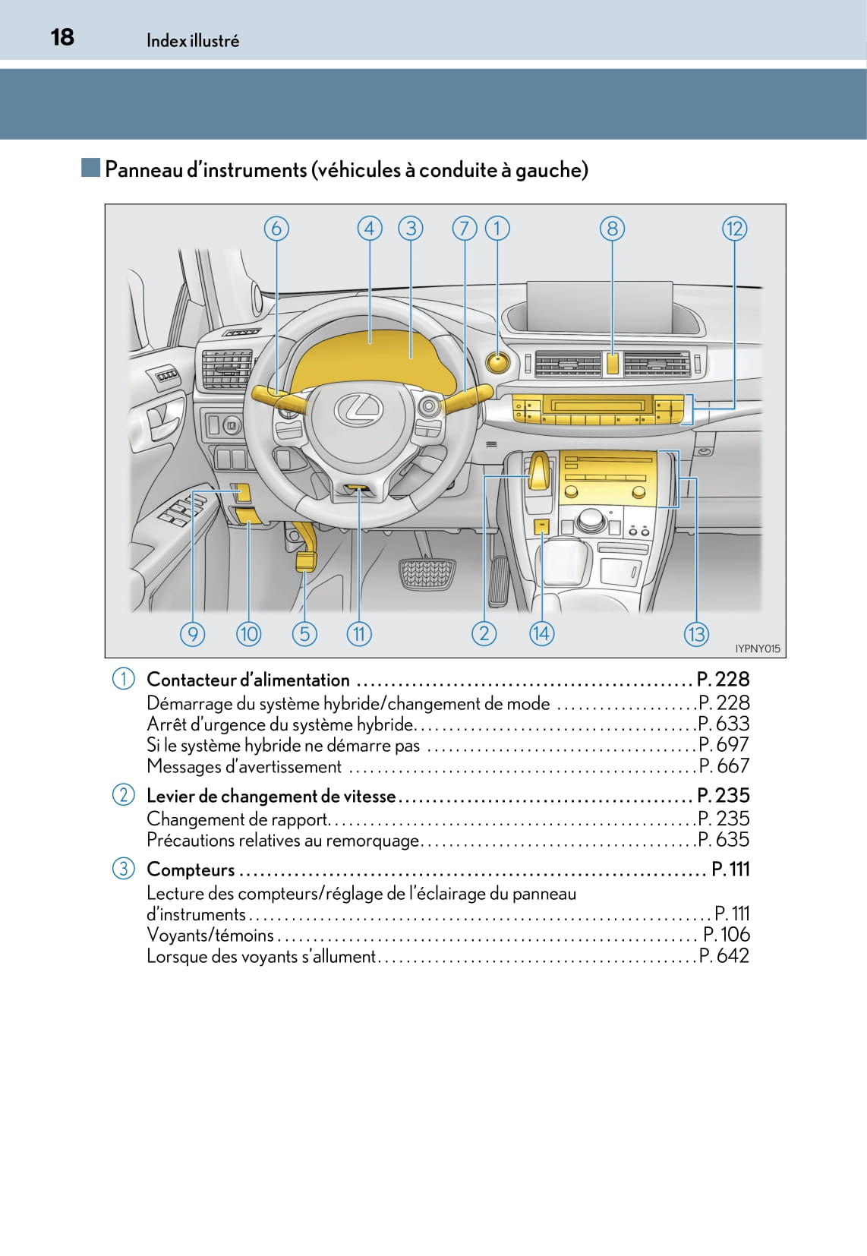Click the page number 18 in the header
[x=62, y=37]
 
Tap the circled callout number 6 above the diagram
[x=276, y=229]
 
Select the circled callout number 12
[x=734, y=229]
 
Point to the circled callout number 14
[x=541, y=633]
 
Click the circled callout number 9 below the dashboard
[x=193, y=633]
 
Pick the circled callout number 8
[x=612, y=229]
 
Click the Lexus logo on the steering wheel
[x=358, y=410]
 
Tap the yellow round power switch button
[x=498, y=361]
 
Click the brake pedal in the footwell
[x=427, y=574]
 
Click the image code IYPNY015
[x=757, y=649]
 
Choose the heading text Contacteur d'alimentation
[x=247, y=680]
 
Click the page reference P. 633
[x=724, y=724]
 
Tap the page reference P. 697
[x=724, y=745]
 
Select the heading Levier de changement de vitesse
[x=271, y=796]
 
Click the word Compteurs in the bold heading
[x=191, y=869]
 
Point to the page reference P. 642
[x=724, y=956]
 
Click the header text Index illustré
[x=193, y=41]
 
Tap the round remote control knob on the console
[x=591, y=520]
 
